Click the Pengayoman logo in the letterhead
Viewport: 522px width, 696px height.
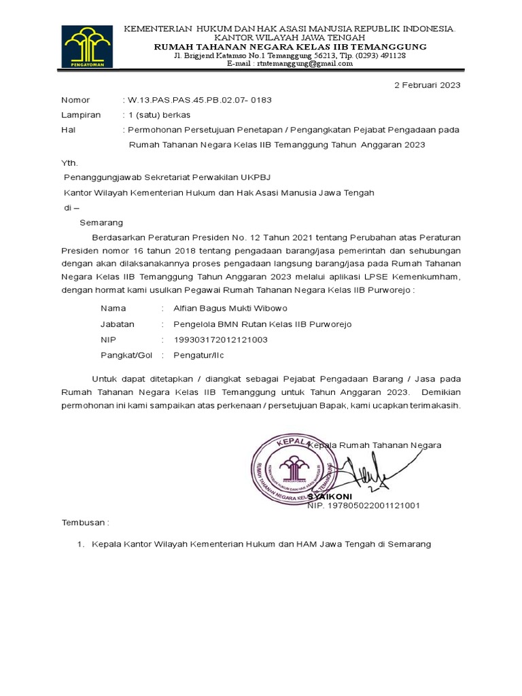pos(88,46)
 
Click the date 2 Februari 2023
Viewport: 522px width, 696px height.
pos(428,85)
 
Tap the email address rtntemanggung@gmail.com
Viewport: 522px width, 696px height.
pos(304,64)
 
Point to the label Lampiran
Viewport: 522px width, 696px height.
pos(81,115)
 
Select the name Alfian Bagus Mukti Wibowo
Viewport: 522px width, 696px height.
pos(230,308)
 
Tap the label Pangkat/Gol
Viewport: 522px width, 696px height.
pos(126,355)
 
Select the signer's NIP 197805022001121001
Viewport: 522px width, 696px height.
pos(364,506)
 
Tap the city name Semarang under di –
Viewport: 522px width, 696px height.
pos(102,222)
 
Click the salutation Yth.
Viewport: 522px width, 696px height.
pos(70,163)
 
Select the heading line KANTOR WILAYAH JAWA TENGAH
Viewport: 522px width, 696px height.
pos(290,37)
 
